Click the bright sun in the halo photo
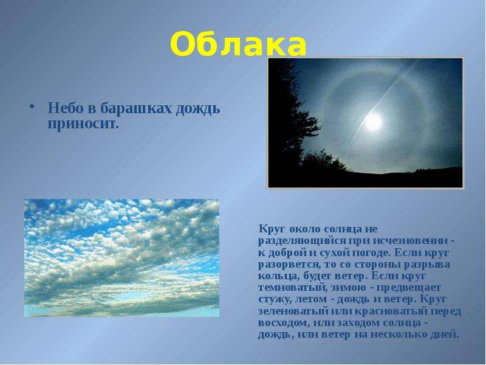pos(372,122)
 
